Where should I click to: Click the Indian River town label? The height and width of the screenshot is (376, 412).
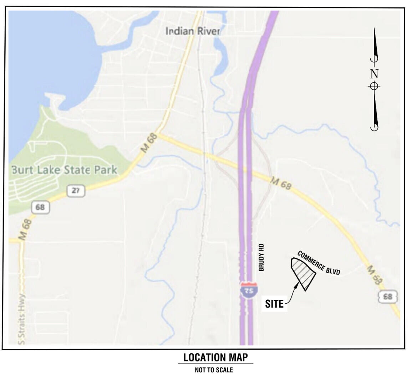click(x=193, y=31)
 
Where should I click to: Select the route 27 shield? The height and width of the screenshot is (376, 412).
click(x=76, y=191)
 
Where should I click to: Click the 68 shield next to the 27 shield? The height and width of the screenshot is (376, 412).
click(x=40, y=207)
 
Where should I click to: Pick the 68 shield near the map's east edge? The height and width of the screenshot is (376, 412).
click(x=387, y=297)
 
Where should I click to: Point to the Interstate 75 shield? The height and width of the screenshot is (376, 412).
click(x=249, y=289)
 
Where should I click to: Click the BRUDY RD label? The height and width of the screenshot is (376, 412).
click(x=261, y=258)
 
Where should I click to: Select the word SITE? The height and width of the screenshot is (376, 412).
click(x=274, y=304)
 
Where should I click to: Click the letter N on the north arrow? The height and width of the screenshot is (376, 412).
click(x=374, y=74)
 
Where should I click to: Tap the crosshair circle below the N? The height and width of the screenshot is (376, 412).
click(x=374, y=86)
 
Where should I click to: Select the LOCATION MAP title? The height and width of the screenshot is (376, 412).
click(x=215, y=357)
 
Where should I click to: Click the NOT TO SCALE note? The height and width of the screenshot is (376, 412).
click(x=214, y=370)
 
